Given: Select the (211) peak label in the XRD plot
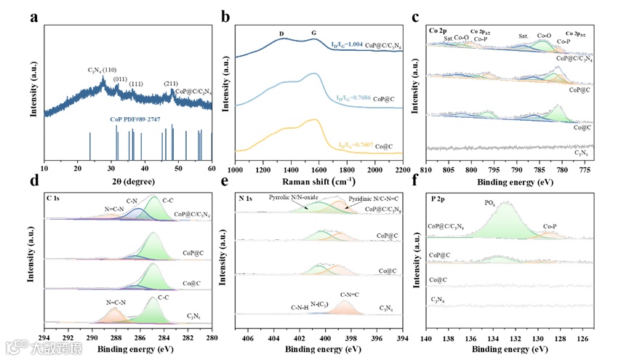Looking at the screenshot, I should tap(171, 84).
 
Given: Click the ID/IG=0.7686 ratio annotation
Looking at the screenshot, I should tap(356, 98).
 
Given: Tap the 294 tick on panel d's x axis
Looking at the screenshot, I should tap(44, 338).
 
